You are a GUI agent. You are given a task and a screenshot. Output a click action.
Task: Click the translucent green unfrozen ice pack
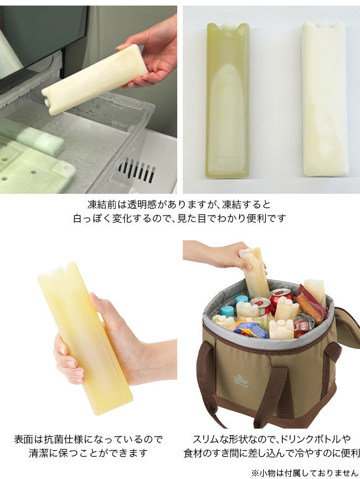pyautogui.click(x=228, y=101)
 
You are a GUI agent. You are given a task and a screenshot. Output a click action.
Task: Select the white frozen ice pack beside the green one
pyautogui.click(x=323, y=99)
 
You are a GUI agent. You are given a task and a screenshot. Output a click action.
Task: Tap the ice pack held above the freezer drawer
pyautogui.click(x=95, y=80)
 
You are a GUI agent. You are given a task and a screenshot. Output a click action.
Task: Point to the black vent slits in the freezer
pyautogui.click(x=136, y=170)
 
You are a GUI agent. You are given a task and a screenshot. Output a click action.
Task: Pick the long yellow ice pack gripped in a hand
pyautogui.click(x=85, y=338)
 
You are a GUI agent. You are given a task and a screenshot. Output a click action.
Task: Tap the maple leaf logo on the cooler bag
pyautogui.click(x=240, y=380)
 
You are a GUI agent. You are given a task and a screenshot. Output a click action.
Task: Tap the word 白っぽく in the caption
pyautogui.click(x=92, y=218)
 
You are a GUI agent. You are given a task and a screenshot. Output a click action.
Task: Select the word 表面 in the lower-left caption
pyautogui.click(x=23, y=440)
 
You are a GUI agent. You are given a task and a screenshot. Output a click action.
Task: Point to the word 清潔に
pyautogui.click(x=43, y=453)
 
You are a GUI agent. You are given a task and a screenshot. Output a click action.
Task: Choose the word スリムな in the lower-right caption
pyautogui.click(x=211, y=439)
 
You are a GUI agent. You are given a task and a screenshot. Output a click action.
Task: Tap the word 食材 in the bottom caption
pyautogui.click(x=193, y=453)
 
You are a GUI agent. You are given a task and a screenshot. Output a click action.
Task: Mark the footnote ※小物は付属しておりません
pyautogui.click(x=305, y=473)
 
